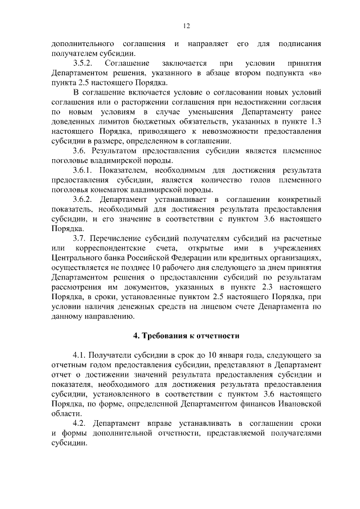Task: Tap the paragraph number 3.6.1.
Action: click(x=86, y=170)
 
